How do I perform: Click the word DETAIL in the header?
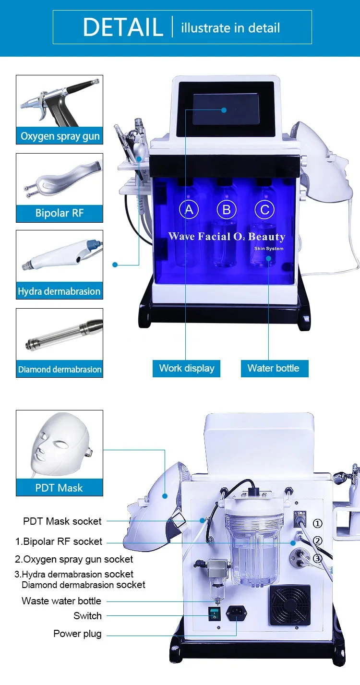[123, 27]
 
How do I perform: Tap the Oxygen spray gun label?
[60, 136]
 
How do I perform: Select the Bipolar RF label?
[60, 213]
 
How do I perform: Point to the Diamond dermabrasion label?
[60, 369]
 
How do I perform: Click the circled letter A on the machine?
[189, 209]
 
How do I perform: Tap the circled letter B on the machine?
[227, 209]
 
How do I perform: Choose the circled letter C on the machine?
[264, 209]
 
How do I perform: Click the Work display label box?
[187, 368]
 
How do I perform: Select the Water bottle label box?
[273, 368]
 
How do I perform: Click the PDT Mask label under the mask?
[59, 488]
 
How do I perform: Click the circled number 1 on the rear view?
[318, 523]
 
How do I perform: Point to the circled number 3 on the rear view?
[318, 558]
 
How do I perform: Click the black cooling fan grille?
[289, 605]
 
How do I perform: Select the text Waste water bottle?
[61, 601]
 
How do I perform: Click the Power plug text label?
[77, 634]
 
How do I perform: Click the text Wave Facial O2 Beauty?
[227, 237]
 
